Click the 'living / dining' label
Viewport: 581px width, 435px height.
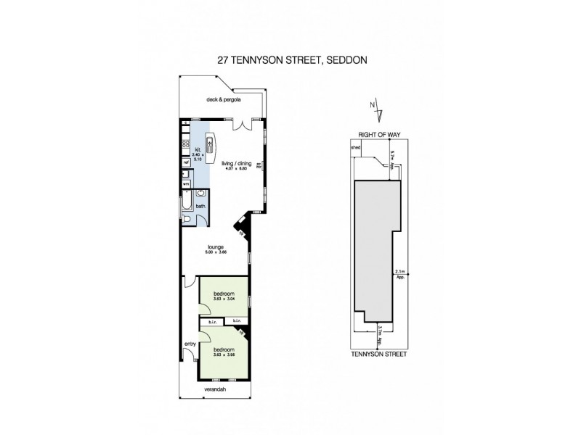pos(237,164)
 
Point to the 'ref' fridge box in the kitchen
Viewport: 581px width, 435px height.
pos(186,162)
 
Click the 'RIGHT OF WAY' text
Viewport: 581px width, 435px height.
pos(381,135)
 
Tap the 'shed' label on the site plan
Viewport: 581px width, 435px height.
pos(356,146)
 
